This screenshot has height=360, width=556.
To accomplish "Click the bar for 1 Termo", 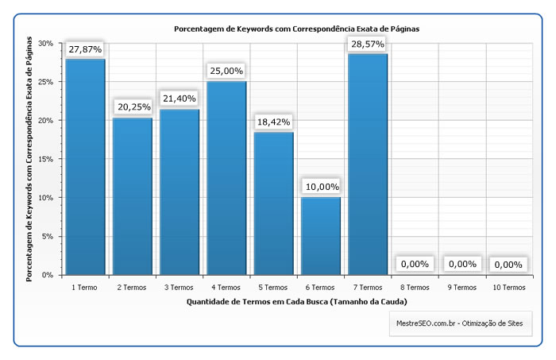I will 84,167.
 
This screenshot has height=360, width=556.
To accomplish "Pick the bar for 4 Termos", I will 226,178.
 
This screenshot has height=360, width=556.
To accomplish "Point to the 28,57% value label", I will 367,44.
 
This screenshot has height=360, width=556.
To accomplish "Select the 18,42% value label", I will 273,122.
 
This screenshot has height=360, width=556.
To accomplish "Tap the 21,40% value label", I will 179,98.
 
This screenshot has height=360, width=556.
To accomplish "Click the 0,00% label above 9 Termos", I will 461,264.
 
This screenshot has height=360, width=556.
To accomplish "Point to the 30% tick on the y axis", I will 46,44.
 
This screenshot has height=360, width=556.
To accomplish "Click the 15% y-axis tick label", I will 46,159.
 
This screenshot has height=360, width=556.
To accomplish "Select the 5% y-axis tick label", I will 48,236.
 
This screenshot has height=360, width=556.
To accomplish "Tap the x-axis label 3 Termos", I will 179,287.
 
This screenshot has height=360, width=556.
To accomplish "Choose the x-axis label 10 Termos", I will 508,287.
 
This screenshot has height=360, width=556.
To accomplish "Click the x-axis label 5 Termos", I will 273,287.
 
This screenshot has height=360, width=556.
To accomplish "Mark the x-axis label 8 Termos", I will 414,287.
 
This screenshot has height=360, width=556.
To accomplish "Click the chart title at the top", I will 296,29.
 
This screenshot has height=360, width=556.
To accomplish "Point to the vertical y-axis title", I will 29,159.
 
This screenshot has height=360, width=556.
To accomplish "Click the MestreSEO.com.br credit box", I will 461,323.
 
